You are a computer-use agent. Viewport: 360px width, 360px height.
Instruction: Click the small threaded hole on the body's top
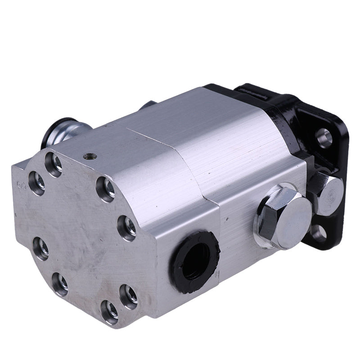[x=89, y=157]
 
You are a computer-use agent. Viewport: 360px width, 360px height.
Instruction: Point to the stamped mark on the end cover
[x=21, y=184]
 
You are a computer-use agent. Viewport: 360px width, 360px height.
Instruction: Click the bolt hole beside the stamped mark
[x=36, y=183]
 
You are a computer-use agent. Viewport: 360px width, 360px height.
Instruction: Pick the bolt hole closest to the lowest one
[x=128, y=295]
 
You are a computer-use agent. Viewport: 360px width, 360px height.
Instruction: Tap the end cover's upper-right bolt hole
[x=106, y=189]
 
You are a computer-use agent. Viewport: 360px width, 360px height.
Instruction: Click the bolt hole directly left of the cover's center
[x=41, y=248]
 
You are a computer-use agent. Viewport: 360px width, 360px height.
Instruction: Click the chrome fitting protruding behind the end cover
[x=63, y=133]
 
